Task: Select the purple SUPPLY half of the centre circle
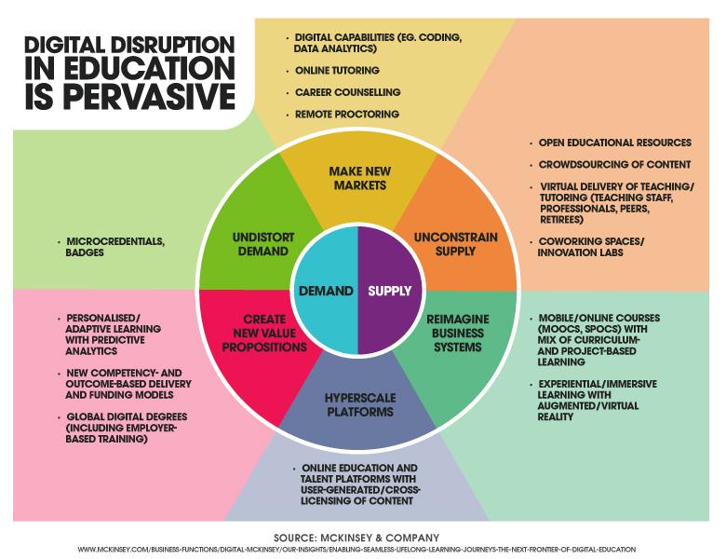pos(390,291)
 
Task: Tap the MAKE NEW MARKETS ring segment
pos(357,178)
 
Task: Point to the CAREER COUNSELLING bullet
pos(348,92)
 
